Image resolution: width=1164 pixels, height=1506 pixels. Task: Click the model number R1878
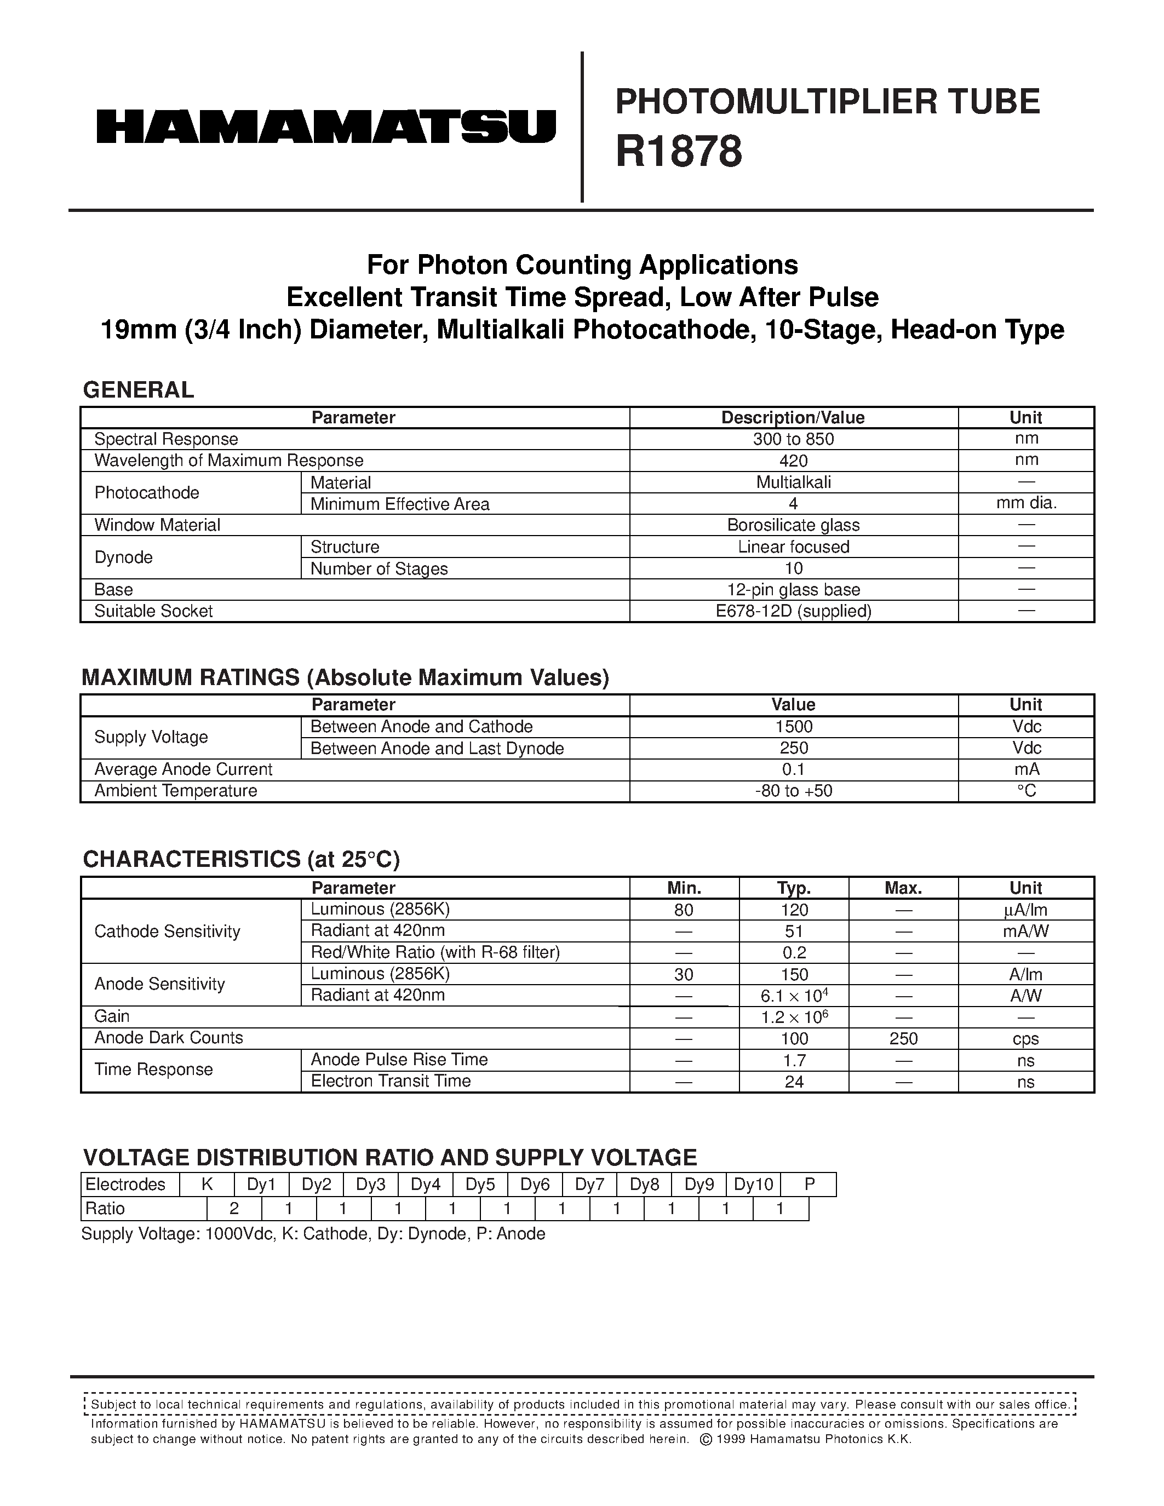coord(679,152)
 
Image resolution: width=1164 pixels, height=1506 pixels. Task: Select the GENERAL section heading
coord(138,390)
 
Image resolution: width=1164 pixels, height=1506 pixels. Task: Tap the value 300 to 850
coord(793,439)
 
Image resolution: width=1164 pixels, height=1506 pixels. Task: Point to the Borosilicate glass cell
coord(793,525)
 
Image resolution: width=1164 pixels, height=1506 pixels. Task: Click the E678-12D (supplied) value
coord(793,612)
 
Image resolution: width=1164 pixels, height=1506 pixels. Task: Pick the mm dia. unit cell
coord(1026,503)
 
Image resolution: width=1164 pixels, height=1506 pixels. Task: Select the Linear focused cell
coord(793,547)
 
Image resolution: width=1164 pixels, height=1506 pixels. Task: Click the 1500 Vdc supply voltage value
coord(793,727)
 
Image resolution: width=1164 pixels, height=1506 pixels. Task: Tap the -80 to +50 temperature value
coord(793,791)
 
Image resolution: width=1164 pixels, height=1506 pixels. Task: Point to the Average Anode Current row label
coord(184,769)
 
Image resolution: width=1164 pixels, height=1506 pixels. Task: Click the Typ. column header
coord(794,888)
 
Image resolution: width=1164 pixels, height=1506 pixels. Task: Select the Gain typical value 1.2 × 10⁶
coord(794,1017)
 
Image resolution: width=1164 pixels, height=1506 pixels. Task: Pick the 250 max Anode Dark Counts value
coord(903,1038)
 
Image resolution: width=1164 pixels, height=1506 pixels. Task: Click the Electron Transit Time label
coord(391,1081)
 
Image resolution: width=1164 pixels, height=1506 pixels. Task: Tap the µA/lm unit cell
coord(1026,910)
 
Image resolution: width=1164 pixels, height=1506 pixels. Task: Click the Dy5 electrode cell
coord(480,1185)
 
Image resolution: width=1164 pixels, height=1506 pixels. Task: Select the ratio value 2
coord(234,1209)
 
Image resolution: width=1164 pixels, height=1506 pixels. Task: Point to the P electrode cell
coord(810,1185)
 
